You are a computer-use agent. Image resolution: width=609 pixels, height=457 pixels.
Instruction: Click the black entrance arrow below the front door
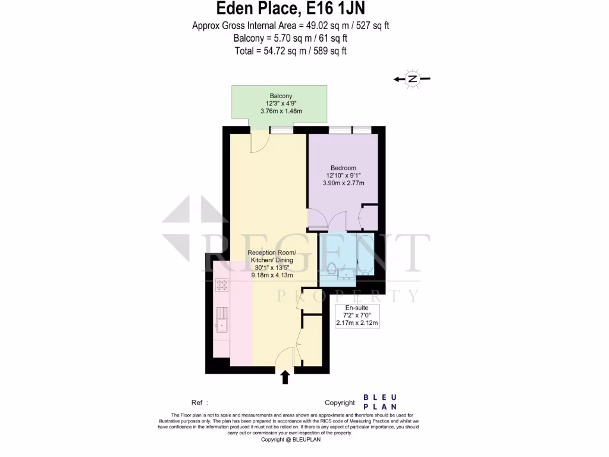coord(285,377)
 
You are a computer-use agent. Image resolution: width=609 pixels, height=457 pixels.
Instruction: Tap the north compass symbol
coord(412,79)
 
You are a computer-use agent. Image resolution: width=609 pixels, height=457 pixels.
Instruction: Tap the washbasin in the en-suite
coord(345,274)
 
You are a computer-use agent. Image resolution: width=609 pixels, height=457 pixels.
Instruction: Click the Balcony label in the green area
coord(281,96)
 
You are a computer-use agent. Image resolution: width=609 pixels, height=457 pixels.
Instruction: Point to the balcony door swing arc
coord(259,142)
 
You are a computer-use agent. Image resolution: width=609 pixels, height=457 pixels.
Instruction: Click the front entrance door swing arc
coord(286,356)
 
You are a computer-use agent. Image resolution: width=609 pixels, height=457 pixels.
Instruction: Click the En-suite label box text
coord(357,308)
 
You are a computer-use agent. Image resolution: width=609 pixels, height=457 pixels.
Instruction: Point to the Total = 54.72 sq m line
coord(291,51)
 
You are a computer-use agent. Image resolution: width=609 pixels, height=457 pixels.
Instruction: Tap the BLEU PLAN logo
coord(380,402)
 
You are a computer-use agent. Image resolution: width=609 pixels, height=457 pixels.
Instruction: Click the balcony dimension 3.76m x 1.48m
coord(281,111)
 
